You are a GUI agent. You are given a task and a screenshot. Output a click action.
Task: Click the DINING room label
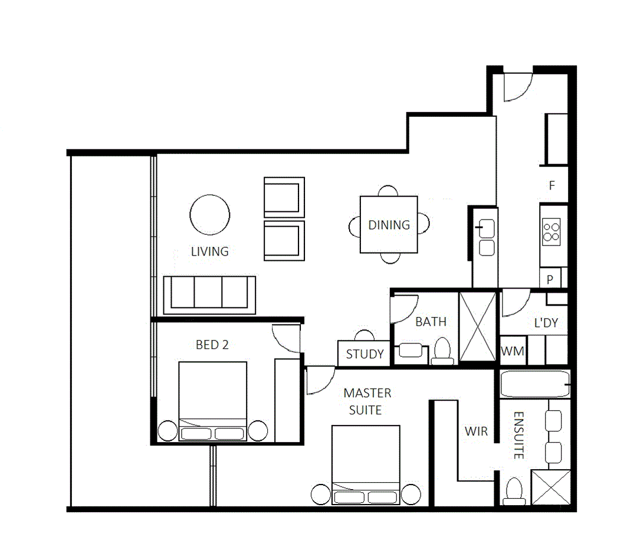pos(389,225)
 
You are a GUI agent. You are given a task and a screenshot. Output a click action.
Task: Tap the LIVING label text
pos(209,251)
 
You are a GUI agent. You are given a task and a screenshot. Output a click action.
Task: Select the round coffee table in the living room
pos(210,215)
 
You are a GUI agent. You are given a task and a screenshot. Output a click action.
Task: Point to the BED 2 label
pos(212,345)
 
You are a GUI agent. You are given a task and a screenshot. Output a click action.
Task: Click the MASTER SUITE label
pos(367,401)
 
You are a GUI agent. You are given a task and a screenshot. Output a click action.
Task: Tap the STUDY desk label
pos(365,355)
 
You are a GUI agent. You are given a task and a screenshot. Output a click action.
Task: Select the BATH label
pos(431,322)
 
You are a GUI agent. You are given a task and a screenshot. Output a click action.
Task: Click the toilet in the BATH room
pos(441,351)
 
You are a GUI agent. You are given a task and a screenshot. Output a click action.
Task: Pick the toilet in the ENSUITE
pos(515,490)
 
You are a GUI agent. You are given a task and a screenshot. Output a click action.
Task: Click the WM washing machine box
pos(512,352)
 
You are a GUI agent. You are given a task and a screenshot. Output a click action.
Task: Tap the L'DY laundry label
pos(546,323)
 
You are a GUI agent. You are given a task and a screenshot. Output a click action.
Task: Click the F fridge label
pos(552,186)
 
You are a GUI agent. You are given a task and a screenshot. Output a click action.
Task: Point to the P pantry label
pos(550,279)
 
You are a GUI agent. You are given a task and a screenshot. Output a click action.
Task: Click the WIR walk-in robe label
pos(476,431)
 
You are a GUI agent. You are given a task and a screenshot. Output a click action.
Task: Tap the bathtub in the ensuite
pos(535,384)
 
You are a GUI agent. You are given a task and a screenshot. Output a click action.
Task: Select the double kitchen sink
pos(487,237)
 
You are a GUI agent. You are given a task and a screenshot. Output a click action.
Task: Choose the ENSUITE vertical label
pos(518,436)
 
